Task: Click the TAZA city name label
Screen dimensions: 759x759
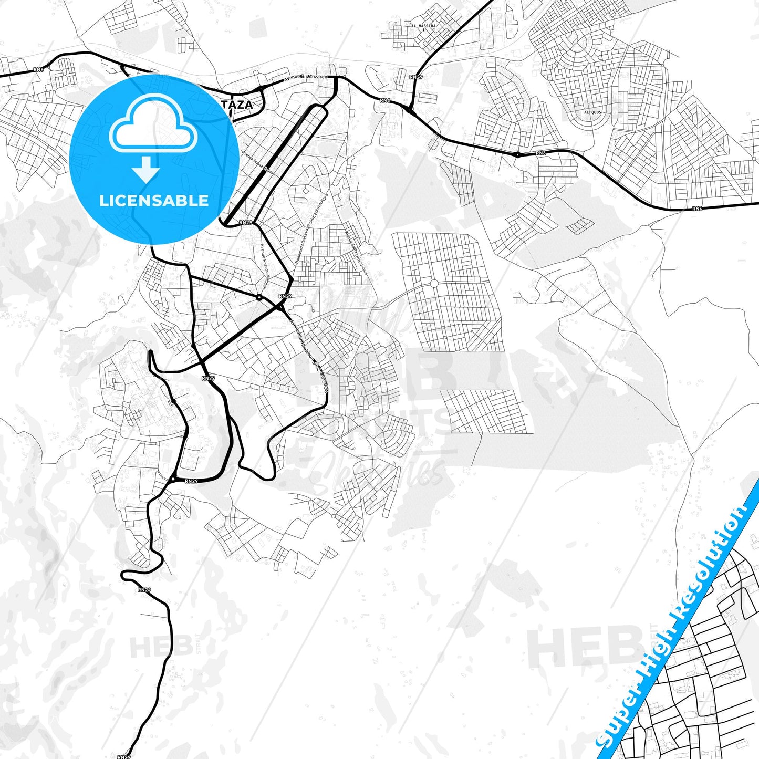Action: point(241,105)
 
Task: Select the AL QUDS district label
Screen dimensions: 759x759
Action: point(592,112)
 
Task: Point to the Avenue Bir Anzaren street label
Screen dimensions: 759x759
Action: point(306,77)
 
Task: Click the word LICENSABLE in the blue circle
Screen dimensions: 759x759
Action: point(154,201)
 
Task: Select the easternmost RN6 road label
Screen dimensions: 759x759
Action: point(697,209)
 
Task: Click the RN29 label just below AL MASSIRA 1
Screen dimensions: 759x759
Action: point(415,77)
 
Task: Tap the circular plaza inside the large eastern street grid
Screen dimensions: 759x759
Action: point(434,284)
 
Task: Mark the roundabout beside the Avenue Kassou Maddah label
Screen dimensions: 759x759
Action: point(259,297)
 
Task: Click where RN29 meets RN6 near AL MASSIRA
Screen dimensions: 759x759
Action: point(409,109)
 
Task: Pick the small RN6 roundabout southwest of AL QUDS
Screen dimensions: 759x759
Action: point(517,154)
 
